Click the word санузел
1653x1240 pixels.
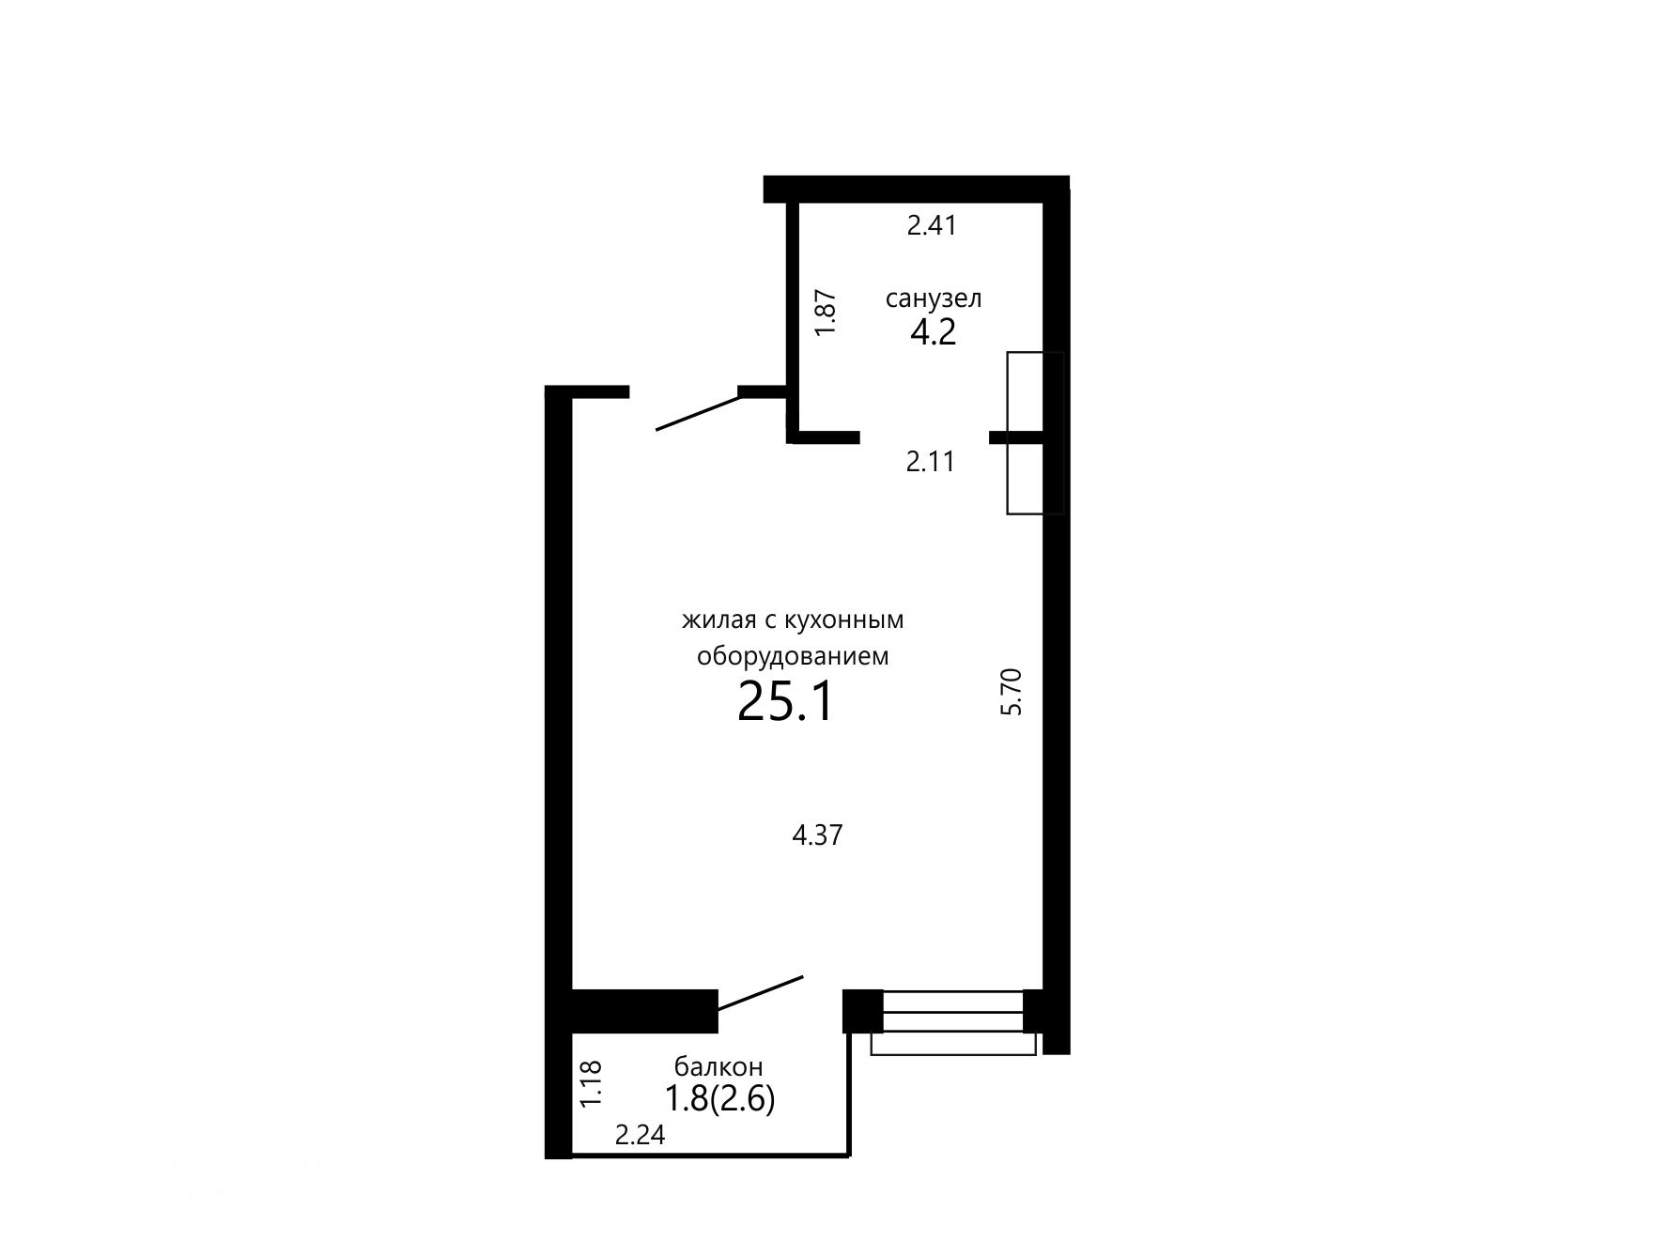point(934,299)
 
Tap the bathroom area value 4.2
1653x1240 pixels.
point(934,332)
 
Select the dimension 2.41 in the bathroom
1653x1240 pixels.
point(932,225)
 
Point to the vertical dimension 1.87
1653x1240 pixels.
point(826,313)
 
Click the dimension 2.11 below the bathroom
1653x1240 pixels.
point(931,462)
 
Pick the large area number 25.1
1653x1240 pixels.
point(786,701)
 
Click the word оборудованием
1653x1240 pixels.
point(793,656)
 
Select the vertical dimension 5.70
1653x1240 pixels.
point(1011,692)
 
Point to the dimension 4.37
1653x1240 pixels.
point(818,835)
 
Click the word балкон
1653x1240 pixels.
point(718,1067)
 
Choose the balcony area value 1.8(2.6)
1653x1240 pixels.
point(720,1098)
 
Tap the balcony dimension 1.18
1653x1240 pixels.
point(590,1084)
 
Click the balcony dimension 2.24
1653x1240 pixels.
point(641,1136)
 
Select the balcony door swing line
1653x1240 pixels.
point(761,992)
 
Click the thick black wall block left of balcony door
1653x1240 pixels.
point(644,1012)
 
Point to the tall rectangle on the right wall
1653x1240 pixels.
point(1035,433)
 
